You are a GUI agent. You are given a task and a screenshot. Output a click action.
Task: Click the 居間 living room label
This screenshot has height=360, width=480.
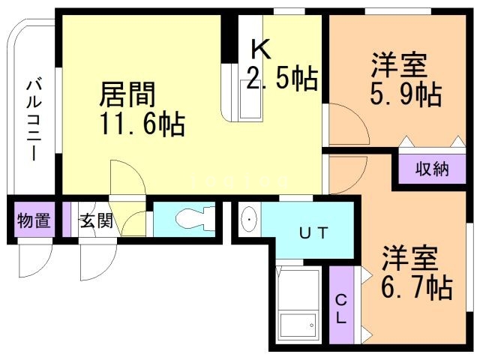[x=128, y=96]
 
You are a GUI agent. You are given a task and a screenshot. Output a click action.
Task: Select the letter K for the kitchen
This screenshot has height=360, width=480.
[x=259, y=49]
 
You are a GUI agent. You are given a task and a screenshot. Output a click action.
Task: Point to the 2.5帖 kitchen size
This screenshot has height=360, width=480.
[x=281, y=77]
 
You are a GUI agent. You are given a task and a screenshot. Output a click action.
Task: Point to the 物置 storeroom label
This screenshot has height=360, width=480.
[x=34, y=221]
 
